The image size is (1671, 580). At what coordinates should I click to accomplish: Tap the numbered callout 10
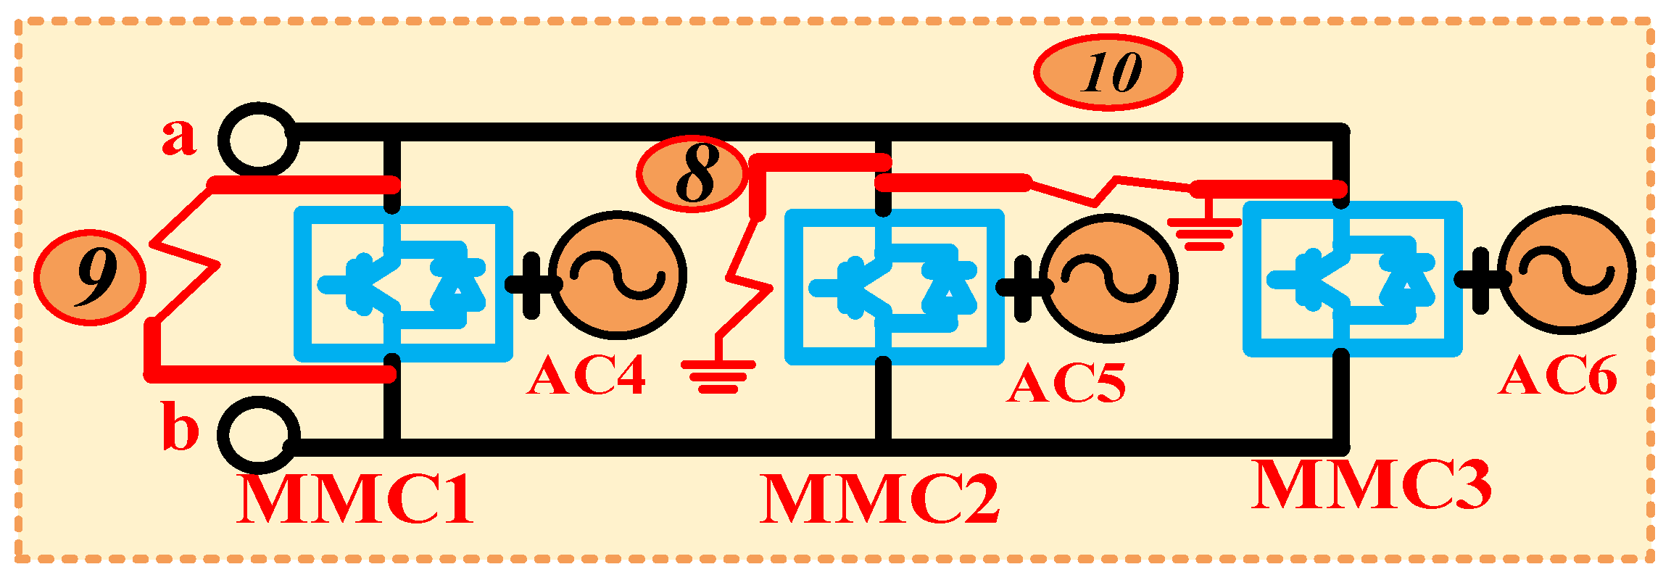pyautogui.click(x=1108, y=72)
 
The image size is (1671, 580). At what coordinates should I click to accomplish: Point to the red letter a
pyautogui.click(x=178, y=138)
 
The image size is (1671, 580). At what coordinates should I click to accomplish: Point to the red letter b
pyautogui.click(x=180, y=429)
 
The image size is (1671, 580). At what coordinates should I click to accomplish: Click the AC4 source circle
pyautogui.click(x=618, y=275)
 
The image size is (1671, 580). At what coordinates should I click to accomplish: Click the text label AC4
pyautogui.click(x=586, y=377)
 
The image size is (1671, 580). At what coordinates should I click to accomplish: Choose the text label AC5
pyautogui.click(x=1066, y=383)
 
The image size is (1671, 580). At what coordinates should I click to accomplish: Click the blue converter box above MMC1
pyautogui.click(x=403, y=284)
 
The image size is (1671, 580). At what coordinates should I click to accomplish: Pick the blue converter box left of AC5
pyautogui.click(x=895, y=287)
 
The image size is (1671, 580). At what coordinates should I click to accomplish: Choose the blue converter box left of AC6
pyautogui.click(x=1352, y=279)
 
